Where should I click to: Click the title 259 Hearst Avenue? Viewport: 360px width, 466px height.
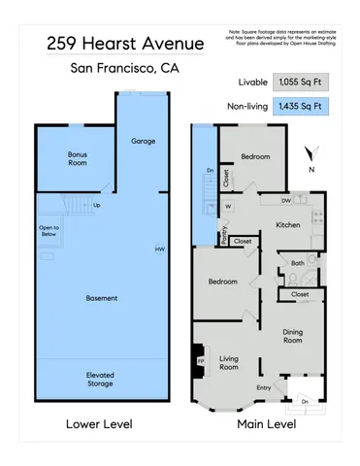125,44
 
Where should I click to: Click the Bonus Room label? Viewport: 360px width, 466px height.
77,158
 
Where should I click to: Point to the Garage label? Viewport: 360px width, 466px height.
143,142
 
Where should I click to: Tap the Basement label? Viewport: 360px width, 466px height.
102,297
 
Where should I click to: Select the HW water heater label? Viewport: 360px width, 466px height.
159,250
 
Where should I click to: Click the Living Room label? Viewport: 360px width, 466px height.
229,362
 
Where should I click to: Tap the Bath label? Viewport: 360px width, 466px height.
298,262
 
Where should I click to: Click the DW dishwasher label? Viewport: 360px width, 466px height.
285,201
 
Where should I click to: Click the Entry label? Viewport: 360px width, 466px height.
263,388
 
